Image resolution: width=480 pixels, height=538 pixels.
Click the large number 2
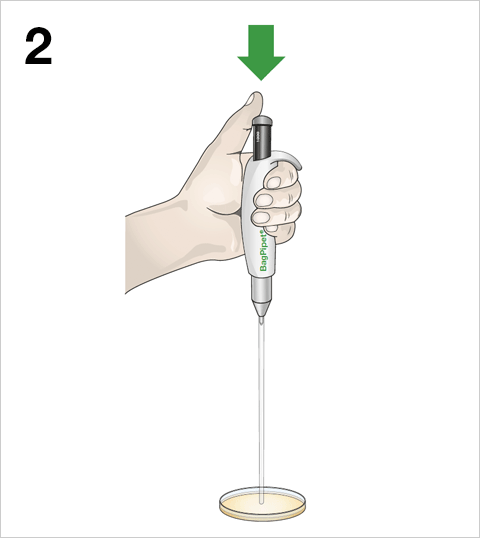38,46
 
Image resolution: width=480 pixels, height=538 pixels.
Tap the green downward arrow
261,52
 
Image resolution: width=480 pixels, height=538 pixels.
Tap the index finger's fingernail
273,183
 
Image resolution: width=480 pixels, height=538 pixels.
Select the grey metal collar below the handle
262,289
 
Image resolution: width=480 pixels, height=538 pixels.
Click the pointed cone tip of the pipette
262,309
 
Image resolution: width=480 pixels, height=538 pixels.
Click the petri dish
262,504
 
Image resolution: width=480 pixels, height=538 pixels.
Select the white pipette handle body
262,220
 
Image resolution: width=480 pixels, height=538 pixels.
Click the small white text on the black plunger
256,138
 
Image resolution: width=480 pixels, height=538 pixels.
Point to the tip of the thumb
256,93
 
